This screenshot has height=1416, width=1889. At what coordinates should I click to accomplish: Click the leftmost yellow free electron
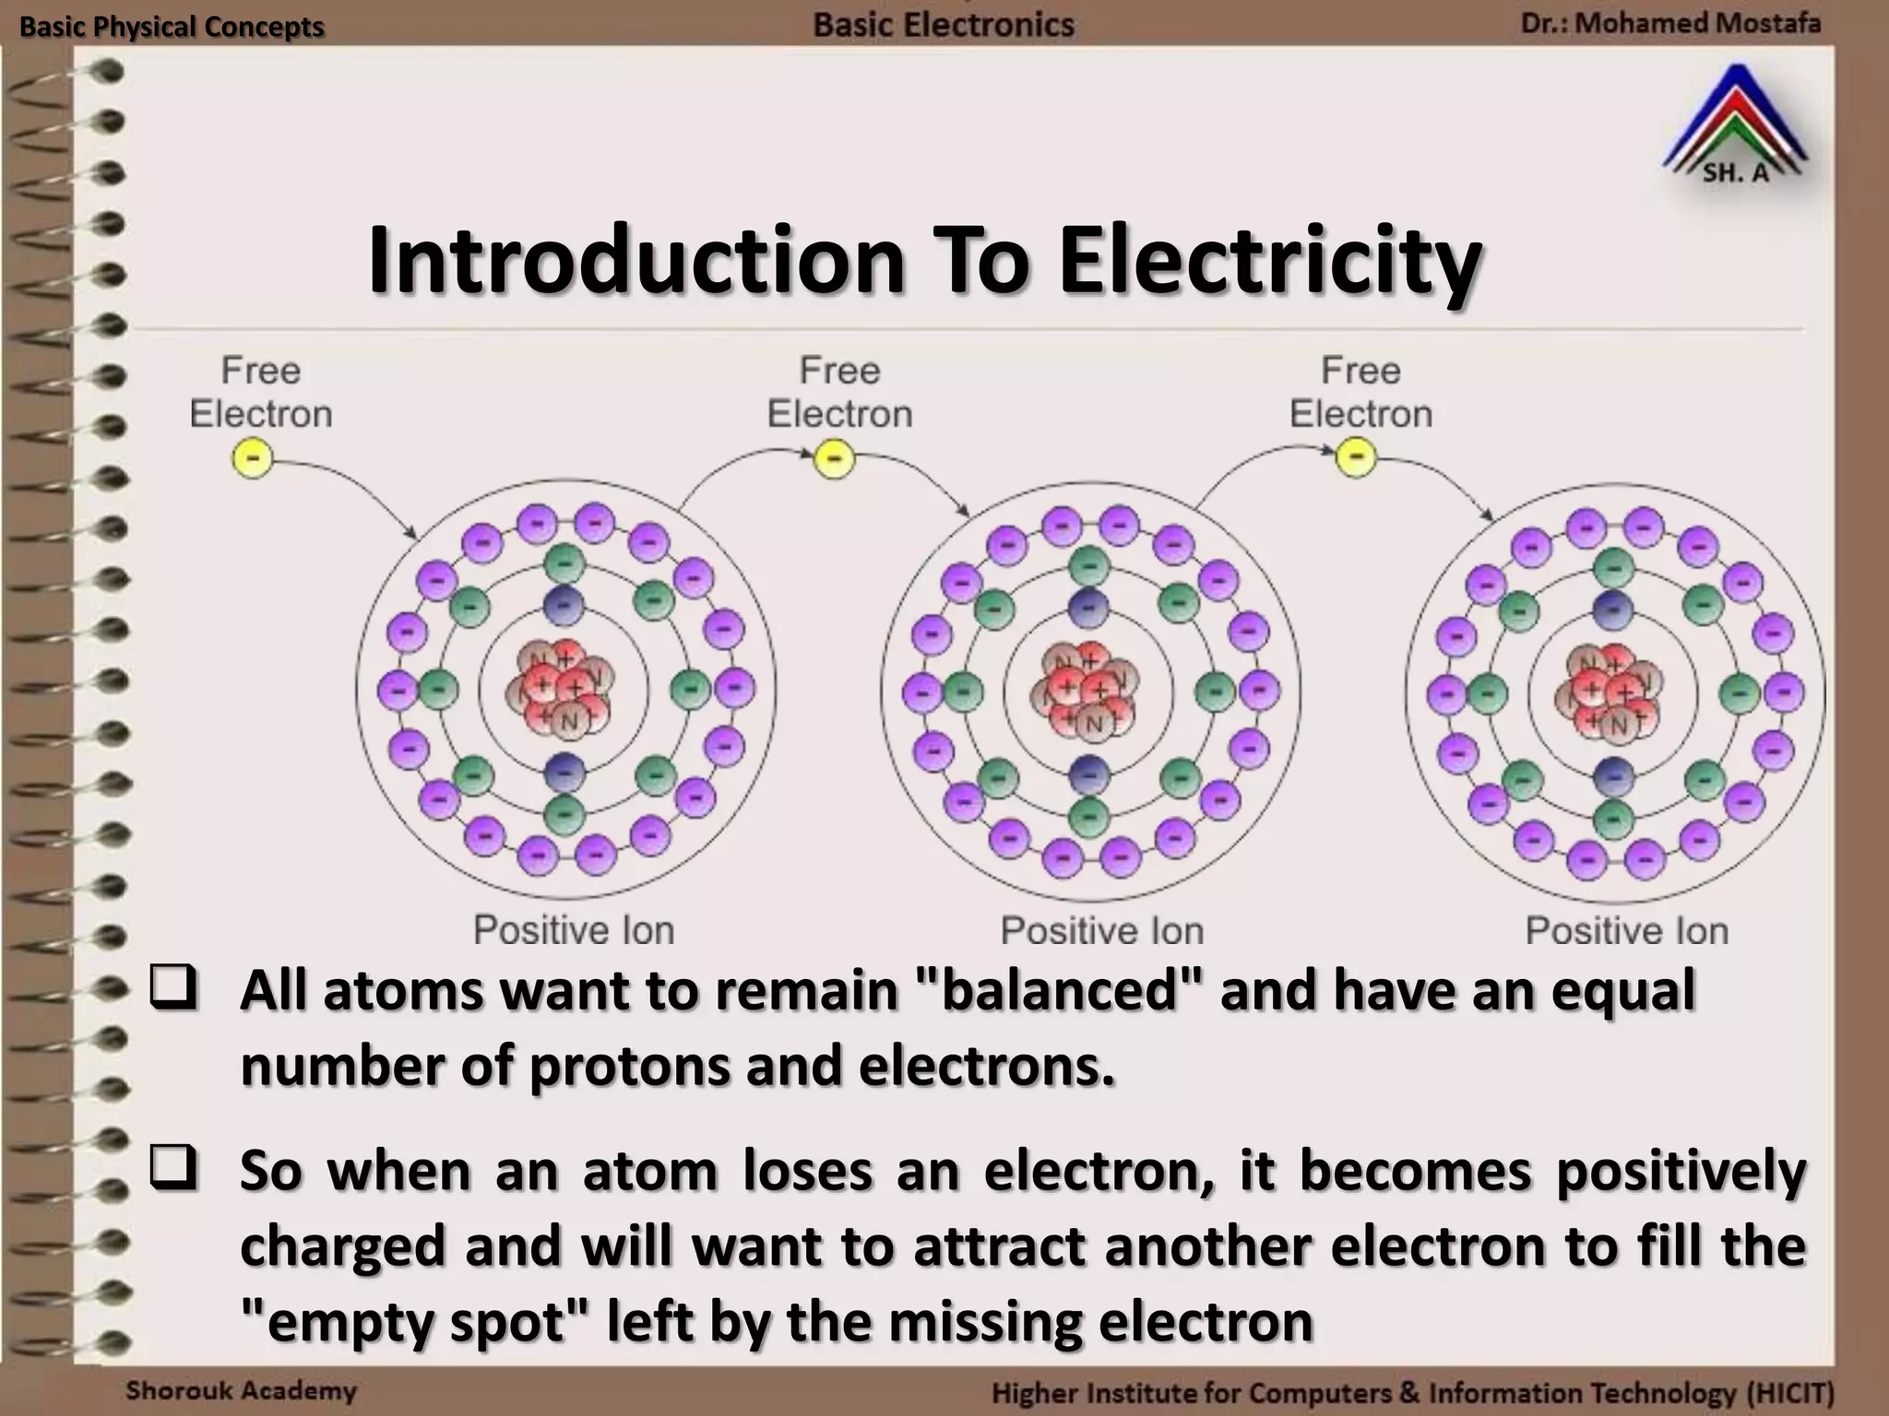click(252, 458)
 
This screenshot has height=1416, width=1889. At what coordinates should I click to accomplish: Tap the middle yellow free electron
click(834, 458)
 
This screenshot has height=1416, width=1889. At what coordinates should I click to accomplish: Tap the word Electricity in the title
click(1270, 261)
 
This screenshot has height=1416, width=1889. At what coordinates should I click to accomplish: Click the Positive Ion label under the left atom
click(574, 930)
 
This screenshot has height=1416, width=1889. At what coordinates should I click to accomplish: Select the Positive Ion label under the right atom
click(1626, 931)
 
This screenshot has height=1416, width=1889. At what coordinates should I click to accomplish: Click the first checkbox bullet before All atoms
click(172, 987)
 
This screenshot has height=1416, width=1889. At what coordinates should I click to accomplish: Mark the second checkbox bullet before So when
click(172, 1168)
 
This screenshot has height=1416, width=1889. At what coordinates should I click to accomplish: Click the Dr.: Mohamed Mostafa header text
click(1670, 22)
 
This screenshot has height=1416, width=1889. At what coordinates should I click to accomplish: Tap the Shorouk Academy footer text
click(241, 1390)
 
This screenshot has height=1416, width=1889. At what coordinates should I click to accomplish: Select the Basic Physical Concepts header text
click(172, 27)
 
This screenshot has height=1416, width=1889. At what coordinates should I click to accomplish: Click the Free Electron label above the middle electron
click(839, 393)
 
